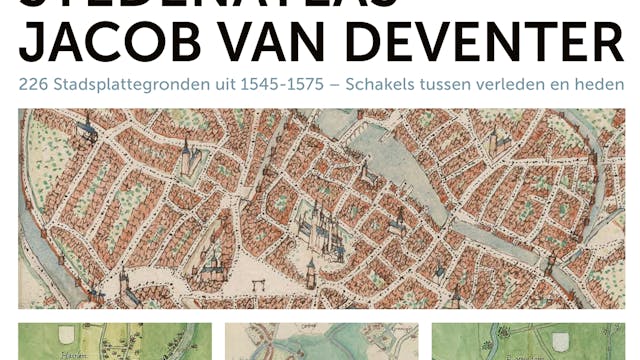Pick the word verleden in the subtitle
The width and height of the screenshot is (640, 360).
[506, 85]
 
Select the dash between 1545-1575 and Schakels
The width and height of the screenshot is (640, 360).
[334, 85]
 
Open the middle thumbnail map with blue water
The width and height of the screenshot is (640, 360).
[321, 341]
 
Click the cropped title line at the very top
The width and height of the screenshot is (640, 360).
[320, 5]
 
